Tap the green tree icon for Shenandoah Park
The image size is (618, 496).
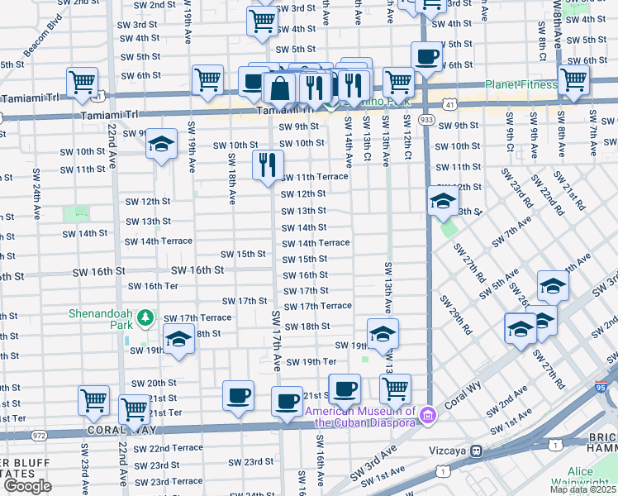145,317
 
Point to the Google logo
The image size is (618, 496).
27,486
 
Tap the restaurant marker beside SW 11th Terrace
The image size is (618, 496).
268,165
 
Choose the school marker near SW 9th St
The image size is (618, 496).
162,143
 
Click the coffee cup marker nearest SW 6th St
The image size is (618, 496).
426,57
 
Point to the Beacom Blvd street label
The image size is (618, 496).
43,48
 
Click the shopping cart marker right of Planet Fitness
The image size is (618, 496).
573,81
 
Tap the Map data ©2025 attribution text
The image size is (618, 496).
583,489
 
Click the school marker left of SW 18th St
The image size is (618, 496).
178,340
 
